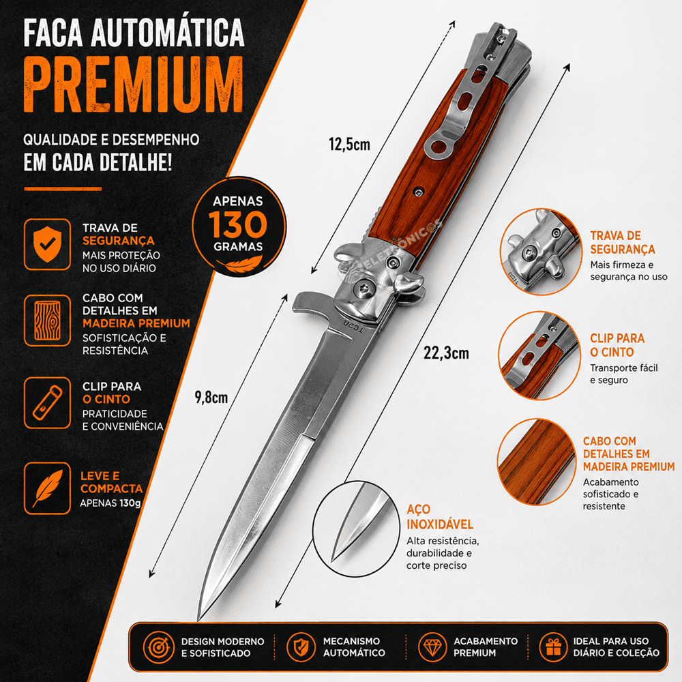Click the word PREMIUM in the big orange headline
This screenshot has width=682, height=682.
point(134,85)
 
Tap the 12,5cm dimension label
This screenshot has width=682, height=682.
point(349,144)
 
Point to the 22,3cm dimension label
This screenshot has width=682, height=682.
point(446,353)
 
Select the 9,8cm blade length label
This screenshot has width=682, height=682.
point(211,397)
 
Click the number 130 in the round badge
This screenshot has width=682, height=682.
point(238,224)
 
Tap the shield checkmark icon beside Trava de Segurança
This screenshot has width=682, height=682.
point(48,244)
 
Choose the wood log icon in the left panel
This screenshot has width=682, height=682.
point(48,321)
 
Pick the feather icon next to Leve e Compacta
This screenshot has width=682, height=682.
point(48,488)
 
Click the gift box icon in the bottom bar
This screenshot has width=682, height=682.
point(553,647)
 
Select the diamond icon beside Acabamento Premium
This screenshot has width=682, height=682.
point(432,647)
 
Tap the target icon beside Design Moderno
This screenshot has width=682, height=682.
point(159,647)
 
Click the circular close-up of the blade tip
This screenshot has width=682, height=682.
point(356,529)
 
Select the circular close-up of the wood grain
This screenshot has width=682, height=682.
point(536,462)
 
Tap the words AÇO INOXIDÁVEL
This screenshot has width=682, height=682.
point(440,517)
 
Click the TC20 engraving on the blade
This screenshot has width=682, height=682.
point(353,326)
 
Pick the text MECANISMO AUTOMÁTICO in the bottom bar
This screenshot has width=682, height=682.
point(354,647)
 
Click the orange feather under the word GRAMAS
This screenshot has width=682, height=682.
point(239,263)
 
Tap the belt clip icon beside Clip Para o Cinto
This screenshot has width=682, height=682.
point(48,403)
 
